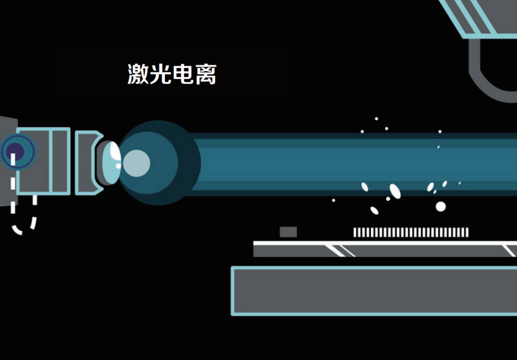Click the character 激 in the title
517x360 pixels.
[x=138, y=74]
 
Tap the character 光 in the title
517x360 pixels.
[x=160, y=74]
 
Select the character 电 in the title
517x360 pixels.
[x=183, y=74]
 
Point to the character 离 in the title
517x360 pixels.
[x=205, y=74]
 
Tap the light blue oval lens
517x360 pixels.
[x=112, y=162]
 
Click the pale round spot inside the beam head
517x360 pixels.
[x=136, y=163]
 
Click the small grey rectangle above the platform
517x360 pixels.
[x=288, y=232]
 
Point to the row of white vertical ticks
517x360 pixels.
[x=411, y=232]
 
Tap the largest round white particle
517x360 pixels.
[x=440, y=206]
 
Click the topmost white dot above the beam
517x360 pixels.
[x=376, y=119]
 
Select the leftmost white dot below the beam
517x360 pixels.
[x=333, y=200]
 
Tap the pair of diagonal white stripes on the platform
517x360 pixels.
[x=339, y=250]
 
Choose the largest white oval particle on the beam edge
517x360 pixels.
[x=395, y=191]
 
